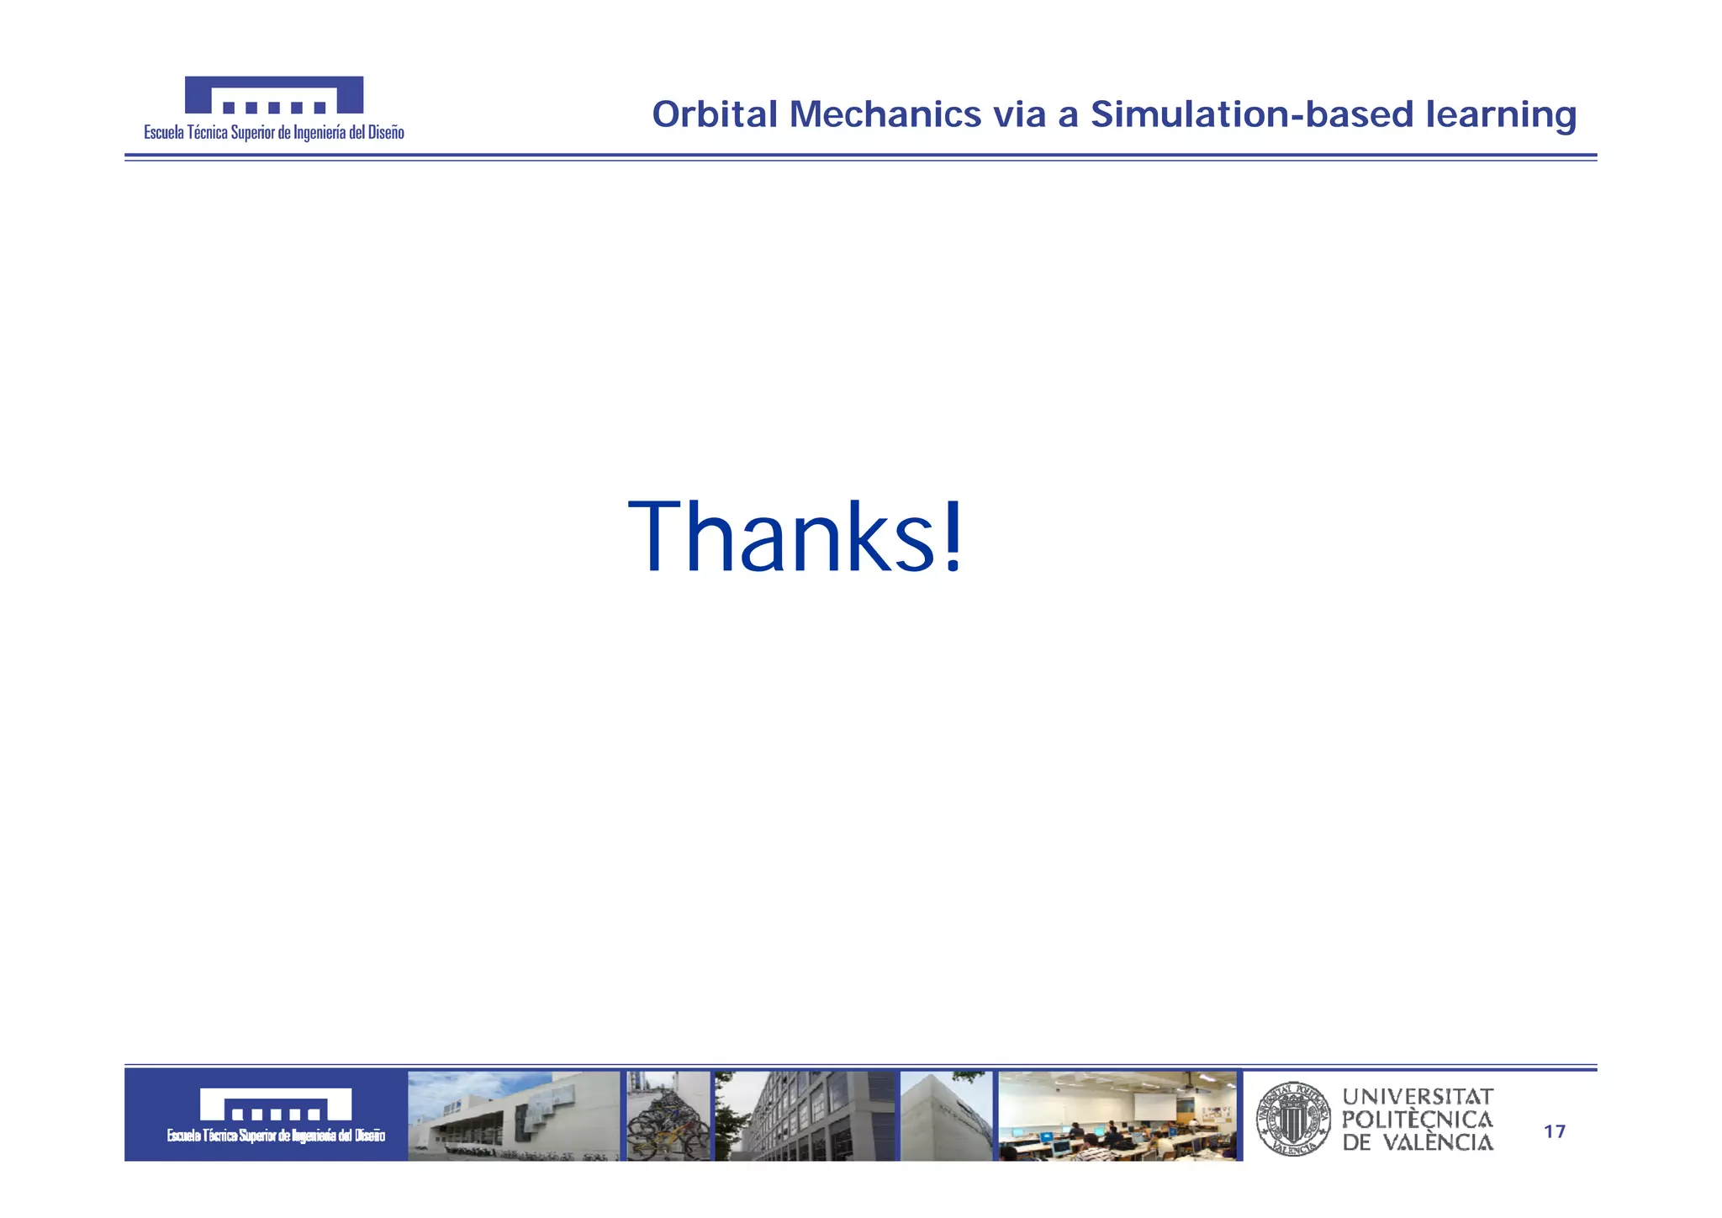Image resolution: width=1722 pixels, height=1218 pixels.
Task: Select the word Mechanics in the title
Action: point(885,114)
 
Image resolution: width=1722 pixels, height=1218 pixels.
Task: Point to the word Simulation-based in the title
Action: point(1252,114)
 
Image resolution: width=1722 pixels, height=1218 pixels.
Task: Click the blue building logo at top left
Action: point(274,94)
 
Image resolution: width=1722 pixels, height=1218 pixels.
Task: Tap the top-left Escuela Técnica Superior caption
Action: point(274,133)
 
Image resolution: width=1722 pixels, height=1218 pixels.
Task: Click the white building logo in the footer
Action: point(275,1104)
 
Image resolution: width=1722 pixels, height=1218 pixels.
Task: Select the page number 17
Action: point(1555,1132)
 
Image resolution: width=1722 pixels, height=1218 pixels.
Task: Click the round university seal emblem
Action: point(1293,1119)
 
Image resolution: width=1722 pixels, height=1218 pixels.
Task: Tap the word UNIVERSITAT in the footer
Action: point(1418,1097)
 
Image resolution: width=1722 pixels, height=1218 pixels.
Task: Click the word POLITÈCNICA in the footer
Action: point(1418,1120)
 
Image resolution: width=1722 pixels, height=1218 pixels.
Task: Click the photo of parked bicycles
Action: point(668,1116)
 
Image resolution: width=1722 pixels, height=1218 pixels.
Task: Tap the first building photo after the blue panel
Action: point(513,1116)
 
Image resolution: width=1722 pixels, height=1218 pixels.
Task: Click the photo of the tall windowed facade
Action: point(806,1116)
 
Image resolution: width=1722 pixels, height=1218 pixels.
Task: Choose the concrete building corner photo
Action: point(946,1116)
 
